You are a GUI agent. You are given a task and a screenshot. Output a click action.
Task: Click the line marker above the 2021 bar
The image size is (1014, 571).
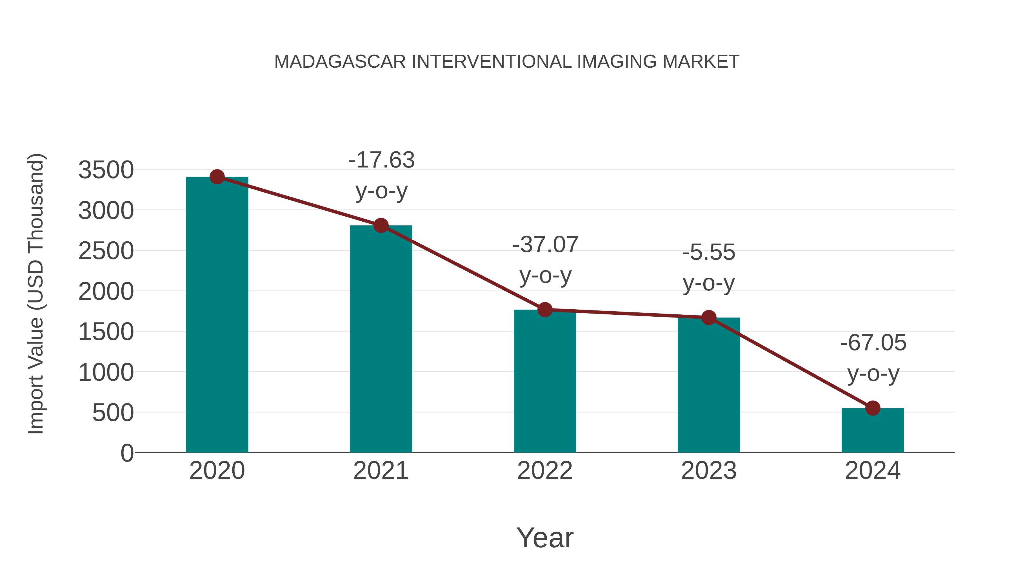click(381, 225)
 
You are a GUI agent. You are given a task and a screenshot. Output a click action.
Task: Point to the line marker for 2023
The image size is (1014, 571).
click(709, 318)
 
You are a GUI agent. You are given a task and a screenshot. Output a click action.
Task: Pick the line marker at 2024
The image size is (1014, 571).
click(873, 408)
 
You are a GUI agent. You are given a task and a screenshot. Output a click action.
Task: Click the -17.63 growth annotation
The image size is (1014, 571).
click(381, 160)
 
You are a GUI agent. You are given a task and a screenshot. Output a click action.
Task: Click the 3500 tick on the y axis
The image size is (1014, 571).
click(106, 170)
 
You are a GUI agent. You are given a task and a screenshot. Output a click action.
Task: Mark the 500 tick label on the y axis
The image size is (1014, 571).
click(113, 413)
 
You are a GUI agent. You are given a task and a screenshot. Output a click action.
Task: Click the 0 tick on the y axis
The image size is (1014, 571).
click(127, 453)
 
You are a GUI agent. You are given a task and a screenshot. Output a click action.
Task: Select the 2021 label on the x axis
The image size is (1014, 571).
click(381, 471)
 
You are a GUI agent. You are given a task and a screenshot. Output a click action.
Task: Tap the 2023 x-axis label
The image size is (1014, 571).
click(709, 471)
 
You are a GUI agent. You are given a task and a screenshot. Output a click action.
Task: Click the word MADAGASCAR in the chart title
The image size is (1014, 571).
click(340, 62)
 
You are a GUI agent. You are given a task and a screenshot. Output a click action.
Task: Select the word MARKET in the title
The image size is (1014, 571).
click(701, 62)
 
